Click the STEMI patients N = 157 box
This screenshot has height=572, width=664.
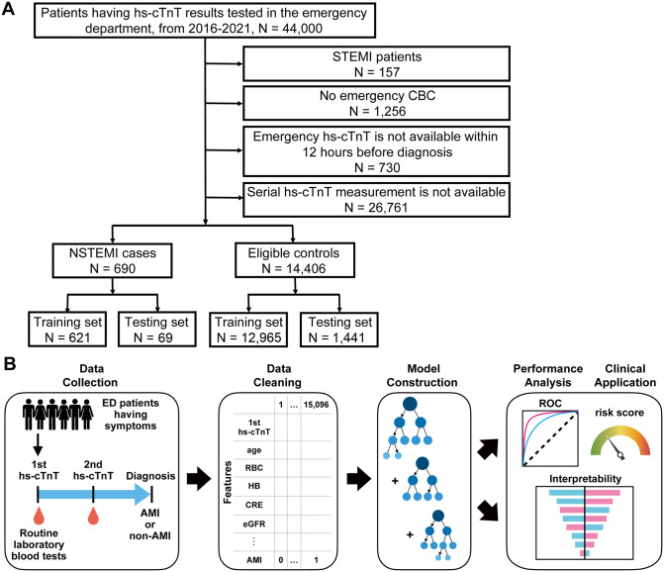coord(376,64)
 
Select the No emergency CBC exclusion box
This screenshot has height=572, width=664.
coord(376,103)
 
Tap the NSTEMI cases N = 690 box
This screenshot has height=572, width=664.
coord(112,260)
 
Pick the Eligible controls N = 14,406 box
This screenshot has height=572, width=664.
coord(295,260)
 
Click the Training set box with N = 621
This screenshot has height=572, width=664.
coord(67,330)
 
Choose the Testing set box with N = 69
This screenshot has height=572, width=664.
coord(157,330)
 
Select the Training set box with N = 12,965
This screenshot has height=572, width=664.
coord(248,330)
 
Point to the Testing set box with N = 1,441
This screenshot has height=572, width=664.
coord(338,330)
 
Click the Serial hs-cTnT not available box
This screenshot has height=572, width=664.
coord(376,200)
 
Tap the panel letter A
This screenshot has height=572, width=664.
coord(8,9)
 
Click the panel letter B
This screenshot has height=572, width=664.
coord(9,363)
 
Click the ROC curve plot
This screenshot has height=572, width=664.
coord(550,438)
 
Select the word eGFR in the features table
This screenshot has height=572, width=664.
coord(254,524)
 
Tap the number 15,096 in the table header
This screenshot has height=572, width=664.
coord(316,405)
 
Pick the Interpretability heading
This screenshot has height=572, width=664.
coord(585,478)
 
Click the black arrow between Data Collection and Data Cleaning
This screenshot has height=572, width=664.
coord(199,479)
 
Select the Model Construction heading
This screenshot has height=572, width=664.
coord(423,375)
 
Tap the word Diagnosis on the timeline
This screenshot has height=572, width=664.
coord(150,476)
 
